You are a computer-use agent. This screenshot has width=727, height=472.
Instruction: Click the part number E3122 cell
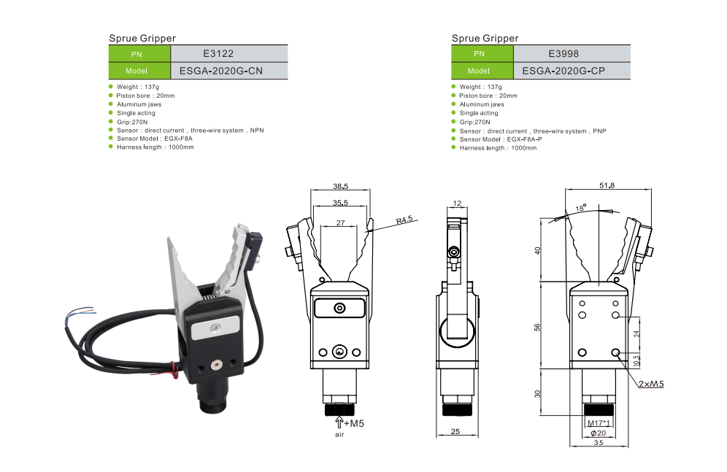[x=228, y=53]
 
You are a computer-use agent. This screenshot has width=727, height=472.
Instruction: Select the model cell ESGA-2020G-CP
[x=572, y=71]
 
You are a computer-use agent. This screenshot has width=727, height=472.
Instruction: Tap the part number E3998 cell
[x=572, y=53]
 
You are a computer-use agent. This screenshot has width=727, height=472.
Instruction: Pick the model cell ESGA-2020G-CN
[x=228, y=71]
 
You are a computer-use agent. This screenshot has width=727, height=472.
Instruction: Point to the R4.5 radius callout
[x=405, y=219]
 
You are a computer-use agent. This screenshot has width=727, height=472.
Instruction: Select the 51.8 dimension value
[x=607, y=185]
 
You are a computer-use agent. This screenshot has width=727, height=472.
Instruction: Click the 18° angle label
[x=581, y=208]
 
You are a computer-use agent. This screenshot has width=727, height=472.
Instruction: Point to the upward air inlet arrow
[x=339, y=422]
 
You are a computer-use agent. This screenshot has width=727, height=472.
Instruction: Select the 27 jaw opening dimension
[x=341, y=222]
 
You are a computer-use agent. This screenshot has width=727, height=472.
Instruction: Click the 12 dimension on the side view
[x=457, y=203]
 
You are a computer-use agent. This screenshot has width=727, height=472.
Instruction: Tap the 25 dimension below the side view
[x=455, y=432]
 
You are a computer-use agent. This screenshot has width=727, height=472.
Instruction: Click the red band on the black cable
[x=174, y=369]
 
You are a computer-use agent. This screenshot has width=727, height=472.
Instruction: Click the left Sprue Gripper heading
[x=142, y=38]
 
